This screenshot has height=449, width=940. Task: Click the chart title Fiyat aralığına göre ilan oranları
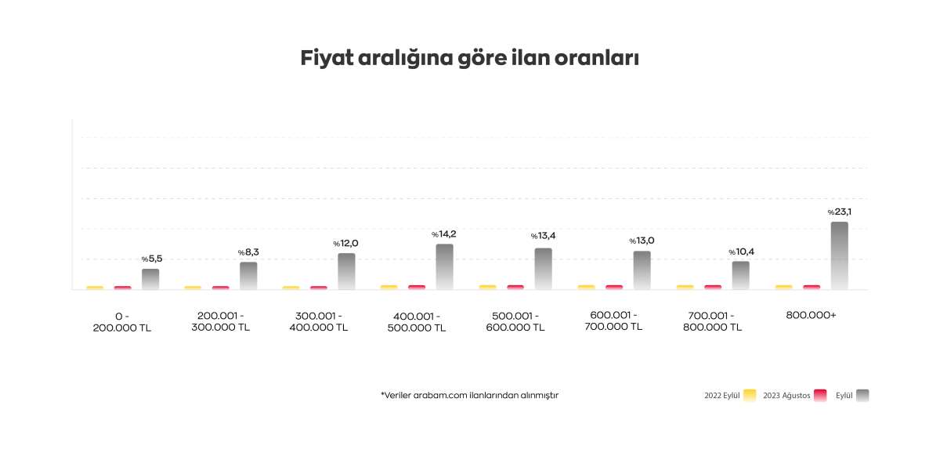point(469,59)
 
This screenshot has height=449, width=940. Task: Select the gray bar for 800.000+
point(839,255)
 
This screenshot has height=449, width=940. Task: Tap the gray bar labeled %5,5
point(150,279)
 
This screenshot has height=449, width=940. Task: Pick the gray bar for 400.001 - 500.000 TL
point(444,266)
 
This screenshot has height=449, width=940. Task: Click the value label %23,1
point(840,212)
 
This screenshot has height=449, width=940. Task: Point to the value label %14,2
point(443,234)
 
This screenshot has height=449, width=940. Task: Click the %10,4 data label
point(741,252)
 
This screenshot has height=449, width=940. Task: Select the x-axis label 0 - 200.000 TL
point(121,322)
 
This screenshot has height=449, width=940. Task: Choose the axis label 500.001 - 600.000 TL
point(515,322)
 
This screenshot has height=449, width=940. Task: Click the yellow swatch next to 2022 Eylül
point(750,395)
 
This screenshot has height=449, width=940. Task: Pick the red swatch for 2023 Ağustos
point(821,395)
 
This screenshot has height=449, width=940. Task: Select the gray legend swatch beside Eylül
point(862,395)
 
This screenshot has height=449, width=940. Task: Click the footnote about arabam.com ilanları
point(469,395)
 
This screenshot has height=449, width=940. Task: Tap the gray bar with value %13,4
point(543,269)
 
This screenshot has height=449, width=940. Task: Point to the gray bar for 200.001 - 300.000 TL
point(248,275)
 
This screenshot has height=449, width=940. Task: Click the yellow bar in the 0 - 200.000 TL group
point(95,288)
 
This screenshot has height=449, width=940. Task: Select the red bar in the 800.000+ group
point(812,287)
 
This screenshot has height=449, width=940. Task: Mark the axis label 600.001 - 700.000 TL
point(613,321)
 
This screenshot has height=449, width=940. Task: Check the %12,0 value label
point(345,243)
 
